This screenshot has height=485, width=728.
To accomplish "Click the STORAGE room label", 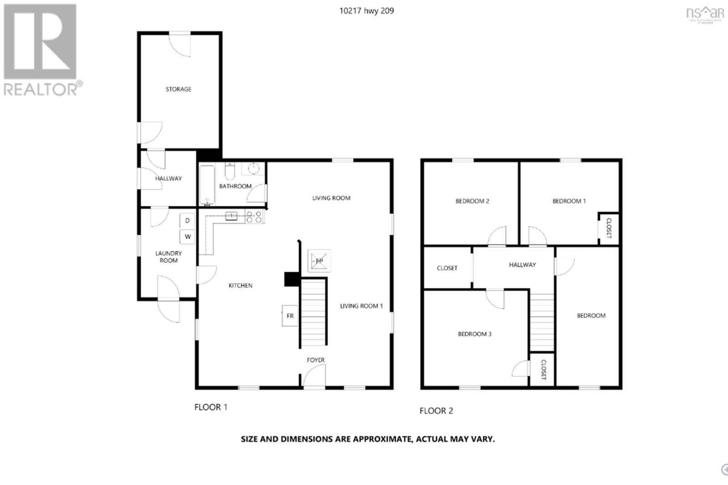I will pyautogui.click(x=178, y=89).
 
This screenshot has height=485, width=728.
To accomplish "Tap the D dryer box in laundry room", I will pyautogui.click(x=187, y=221).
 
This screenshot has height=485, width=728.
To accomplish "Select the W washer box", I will pyautogui.click(x=187, y=237).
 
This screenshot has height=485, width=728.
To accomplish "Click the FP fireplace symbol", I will pyautogui.click(x=319, y=261).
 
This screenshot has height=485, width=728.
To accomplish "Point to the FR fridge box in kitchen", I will pyautogui.click(x=289, y=316).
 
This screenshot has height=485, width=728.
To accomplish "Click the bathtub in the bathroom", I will pyautogui.click(x=207, y=185).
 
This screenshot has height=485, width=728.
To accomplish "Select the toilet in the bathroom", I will pyautogui.click(x=229, y=171).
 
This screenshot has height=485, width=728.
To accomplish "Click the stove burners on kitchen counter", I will pyautogui.click(x=254, y=216).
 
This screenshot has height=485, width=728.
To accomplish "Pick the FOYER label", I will pyautogui.click(x=315, y=360).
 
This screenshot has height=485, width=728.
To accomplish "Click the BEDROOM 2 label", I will pyautogui.click(x=472, y=201).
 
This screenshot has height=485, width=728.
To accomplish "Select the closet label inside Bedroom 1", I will pyautogui.click(x=609, y=228).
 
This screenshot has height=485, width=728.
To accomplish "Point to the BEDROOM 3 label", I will pyautogui.click(x=475, y=334).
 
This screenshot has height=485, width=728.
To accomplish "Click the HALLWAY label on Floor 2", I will pyautogui.click(x=522, y=265).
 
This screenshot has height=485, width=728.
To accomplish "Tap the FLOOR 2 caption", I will pyautogui.click(x=436, y=411).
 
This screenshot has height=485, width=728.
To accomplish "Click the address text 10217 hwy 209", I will pyautogui.click(x=367, y=11).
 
